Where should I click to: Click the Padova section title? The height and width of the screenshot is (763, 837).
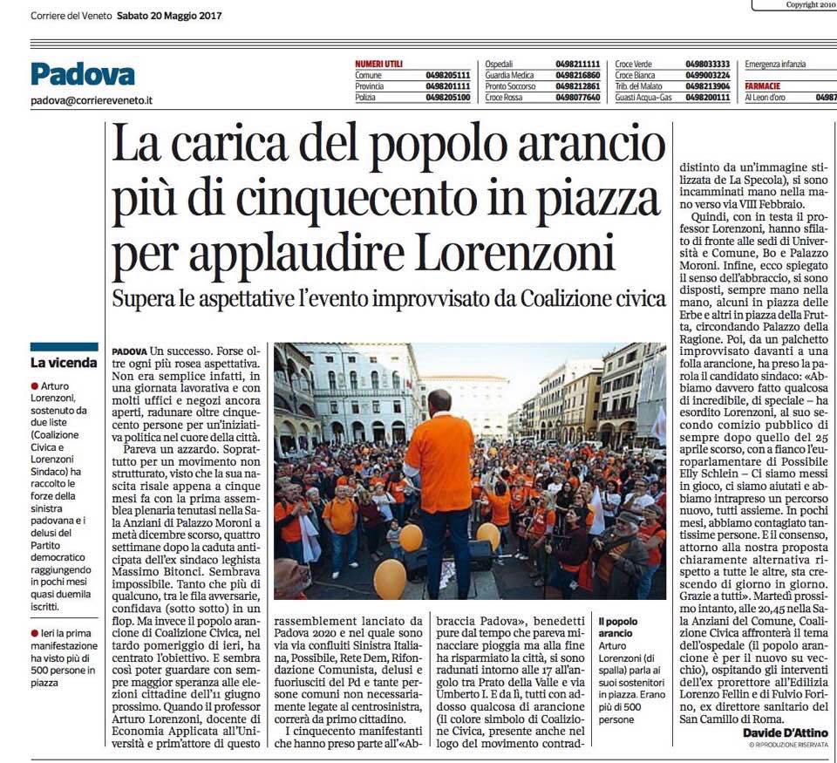click(83, 74)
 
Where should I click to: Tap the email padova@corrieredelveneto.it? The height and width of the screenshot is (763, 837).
click(92, 100)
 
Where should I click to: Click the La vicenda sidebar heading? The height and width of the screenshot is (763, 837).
click(64, 362)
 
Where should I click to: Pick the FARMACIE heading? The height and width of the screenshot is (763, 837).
click(763, 86)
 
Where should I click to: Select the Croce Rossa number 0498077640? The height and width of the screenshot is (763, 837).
click(579, 98)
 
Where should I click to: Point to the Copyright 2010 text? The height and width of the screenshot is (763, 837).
click(811, 4)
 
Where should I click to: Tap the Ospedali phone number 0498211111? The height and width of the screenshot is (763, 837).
click(579, 64)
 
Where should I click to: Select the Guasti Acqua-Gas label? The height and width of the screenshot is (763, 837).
click(643, 98)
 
